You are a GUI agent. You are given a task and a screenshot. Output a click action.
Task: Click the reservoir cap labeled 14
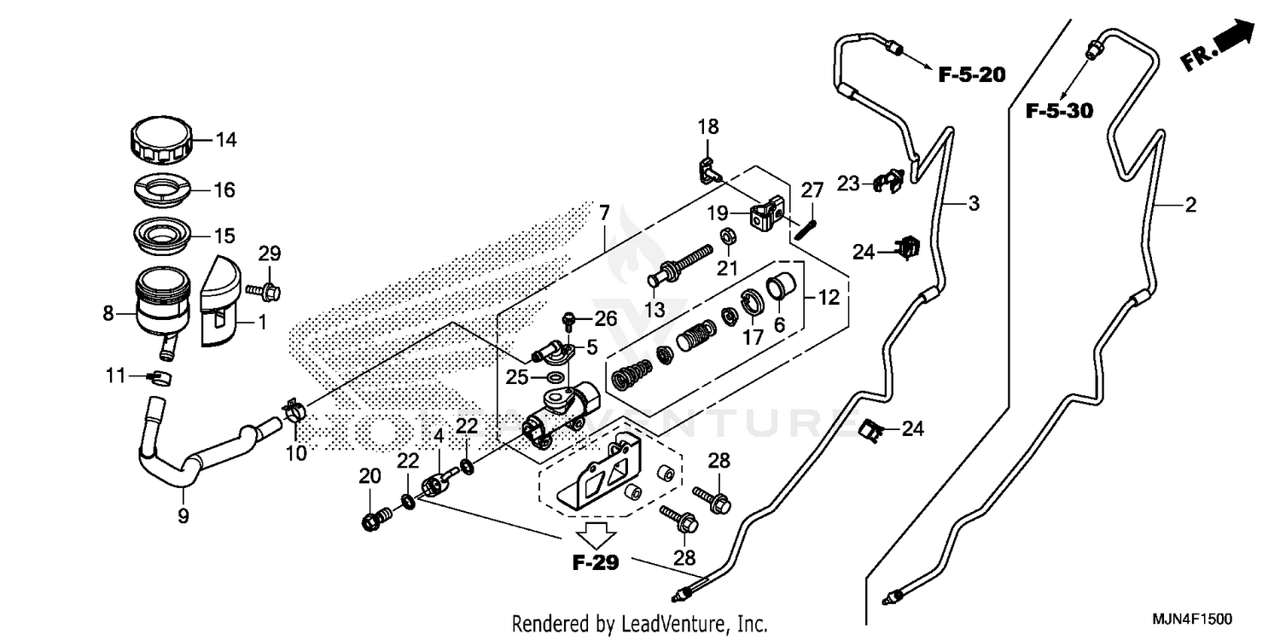coord(159,143)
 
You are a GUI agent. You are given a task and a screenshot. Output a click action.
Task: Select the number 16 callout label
coord(224,190)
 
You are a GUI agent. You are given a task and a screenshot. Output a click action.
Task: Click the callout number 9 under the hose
coord(183,515)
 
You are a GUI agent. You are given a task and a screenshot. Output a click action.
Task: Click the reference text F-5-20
coord(972,75)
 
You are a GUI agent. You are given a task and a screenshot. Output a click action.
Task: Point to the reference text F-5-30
coord(1059,111)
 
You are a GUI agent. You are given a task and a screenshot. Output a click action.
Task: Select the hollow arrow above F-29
coord(595,536)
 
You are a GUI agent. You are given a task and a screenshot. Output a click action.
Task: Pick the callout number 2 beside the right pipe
coord(1190,205)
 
